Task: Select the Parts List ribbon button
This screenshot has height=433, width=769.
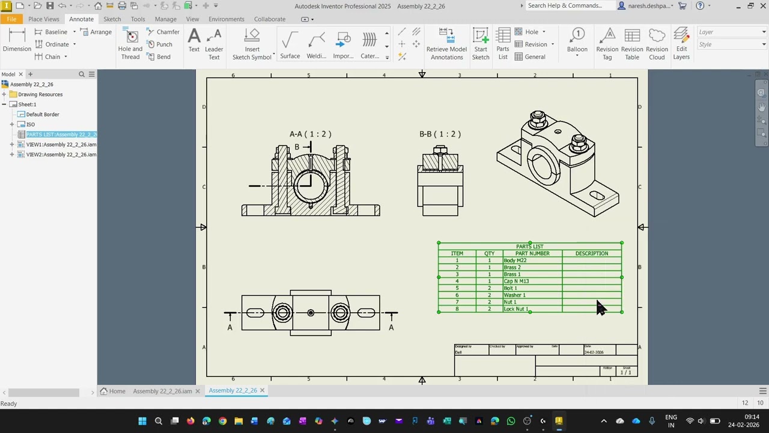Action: [503, 43]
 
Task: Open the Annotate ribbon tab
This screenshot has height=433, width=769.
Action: [81, 19]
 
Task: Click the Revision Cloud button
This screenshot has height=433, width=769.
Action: [657, 43]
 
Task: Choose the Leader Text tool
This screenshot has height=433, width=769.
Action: [214, 43]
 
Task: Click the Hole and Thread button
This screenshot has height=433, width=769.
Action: [130, 43]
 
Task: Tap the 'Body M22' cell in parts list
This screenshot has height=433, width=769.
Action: [515, 260]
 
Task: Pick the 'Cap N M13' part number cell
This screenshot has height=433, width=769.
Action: [517, 281]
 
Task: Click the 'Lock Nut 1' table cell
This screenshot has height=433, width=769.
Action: [516, 309]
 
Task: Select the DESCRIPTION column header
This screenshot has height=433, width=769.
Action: [591, 253]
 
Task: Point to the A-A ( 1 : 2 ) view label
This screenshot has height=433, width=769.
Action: [310, 134]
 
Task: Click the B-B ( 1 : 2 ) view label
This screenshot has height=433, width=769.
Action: [440, 134]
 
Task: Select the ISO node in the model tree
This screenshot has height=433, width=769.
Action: [30, 124]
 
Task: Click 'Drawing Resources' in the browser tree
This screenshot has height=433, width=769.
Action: [40, 94]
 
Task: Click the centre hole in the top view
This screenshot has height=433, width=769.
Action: [311, 313]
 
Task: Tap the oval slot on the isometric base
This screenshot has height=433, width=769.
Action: [597, 196]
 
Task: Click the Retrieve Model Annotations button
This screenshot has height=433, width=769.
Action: [446, 43]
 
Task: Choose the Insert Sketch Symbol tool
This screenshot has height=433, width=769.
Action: [252, 43]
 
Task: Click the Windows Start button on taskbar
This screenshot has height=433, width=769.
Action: [142, 421]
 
